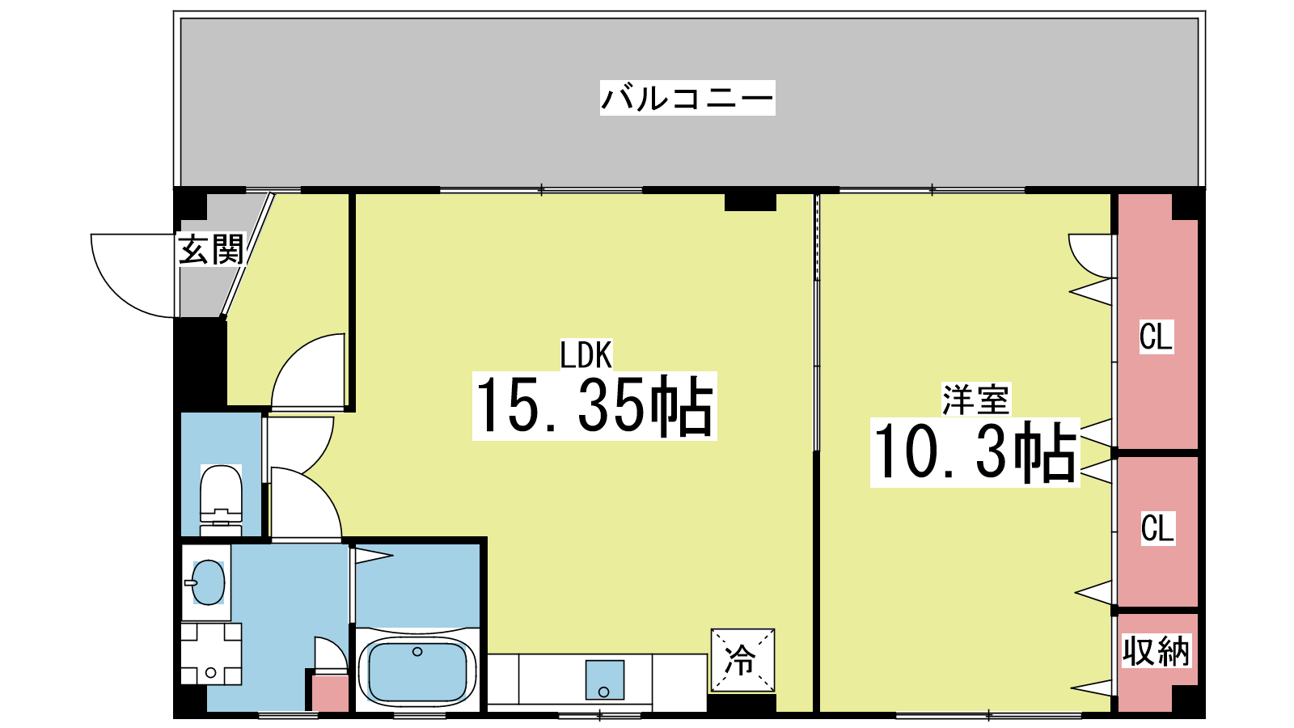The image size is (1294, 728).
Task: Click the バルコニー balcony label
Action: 687,98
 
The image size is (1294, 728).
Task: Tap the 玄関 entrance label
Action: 212,249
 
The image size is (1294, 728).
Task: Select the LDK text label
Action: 586,354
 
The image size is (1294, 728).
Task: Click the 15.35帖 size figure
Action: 594,405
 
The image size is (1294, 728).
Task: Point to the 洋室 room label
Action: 975,399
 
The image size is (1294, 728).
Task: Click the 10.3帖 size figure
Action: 975,452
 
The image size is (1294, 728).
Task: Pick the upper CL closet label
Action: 1156,336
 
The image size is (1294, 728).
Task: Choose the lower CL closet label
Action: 1157,527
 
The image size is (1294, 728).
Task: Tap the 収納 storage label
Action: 1156,650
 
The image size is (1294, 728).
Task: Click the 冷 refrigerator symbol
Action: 742,660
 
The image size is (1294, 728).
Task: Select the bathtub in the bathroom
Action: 417,671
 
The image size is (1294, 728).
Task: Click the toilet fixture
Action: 221,501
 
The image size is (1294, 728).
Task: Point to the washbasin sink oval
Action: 208,582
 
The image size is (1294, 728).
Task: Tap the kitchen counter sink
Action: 604,679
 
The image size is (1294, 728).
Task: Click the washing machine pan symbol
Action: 211,654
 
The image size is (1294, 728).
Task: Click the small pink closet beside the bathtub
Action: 331,693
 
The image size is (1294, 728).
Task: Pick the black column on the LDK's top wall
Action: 750,201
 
